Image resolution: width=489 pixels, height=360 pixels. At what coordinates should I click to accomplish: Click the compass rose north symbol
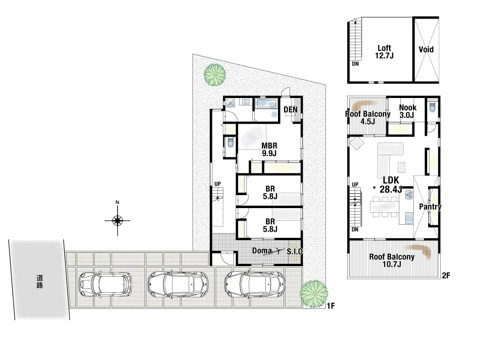[117, 220]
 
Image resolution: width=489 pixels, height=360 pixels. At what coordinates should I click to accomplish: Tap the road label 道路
[40, 281]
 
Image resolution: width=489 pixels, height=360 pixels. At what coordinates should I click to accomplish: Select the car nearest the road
[106, 284]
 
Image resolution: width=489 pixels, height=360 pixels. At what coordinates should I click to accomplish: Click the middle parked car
[178, 284]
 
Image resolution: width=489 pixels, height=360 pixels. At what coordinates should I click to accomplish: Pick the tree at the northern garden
[215, 74]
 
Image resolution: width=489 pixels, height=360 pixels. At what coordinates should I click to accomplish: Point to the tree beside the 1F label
[314, 294]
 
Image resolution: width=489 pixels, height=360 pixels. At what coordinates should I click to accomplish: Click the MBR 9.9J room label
[269, 149]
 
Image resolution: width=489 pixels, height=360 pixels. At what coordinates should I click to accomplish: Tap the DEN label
[291, 110]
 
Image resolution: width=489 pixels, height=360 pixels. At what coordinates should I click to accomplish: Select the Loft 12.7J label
[384, 52]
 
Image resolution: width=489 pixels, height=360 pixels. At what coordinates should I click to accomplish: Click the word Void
[426, 50]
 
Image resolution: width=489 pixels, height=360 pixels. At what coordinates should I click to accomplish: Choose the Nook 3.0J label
[407, 111]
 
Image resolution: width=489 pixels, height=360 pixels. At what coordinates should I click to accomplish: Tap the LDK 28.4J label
[391, 184]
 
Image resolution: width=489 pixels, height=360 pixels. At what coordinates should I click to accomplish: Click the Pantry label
[430, 207]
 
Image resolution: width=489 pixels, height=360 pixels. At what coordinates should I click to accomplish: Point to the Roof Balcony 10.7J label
[392, 261]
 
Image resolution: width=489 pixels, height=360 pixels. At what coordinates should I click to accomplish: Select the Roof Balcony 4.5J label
[368, 118]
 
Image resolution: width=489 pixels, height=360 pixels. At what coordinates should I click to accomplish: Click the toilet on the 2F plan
[432, 106]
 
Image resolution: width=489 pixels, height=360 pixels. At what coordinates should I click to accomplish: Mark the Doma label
[261, 250]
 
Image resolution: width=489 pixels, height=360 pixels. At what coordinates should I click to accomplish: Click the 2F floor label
[446, 275]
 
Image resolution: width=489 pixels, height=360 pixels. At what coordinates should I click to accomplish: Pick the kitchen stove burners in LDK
[409, 195]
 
